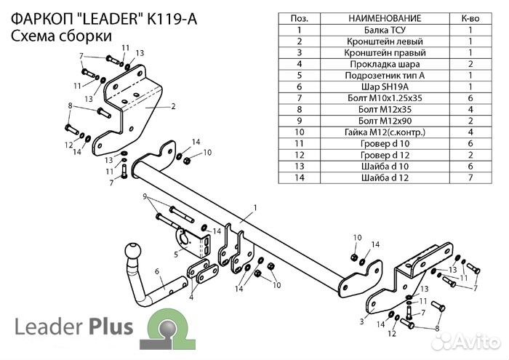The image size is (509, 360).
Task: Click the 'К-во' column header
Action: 470,17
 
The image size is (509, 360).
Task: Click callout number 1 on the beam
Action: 255,209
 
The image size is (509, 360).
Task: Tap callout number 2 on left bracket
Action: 174,106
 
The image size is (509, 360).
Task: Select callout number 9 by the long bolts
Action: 145,196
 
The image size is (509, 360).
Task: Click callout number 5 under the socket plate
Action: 176,254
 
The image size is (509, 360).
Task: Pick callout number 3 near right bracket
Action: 361,320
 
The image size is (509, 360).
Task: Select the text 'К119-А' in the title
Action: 167,15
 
